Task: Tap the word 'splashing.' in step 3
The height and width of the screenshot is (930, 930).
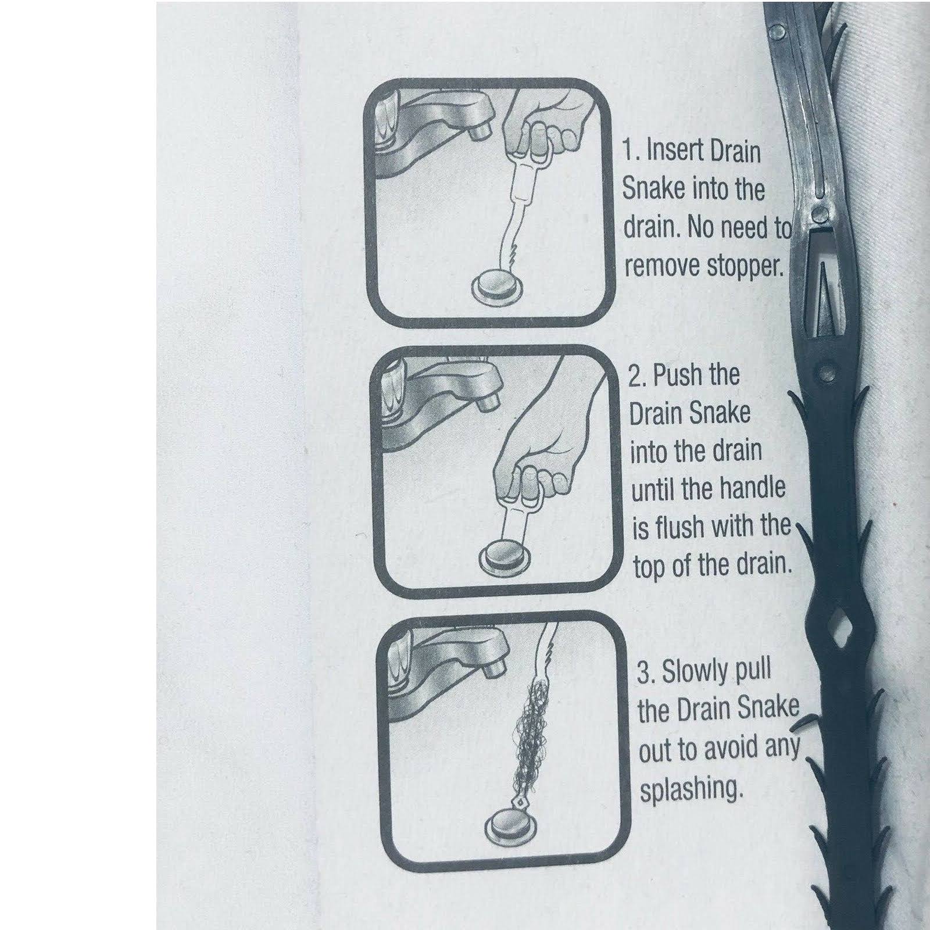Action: tap(692, 791)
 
